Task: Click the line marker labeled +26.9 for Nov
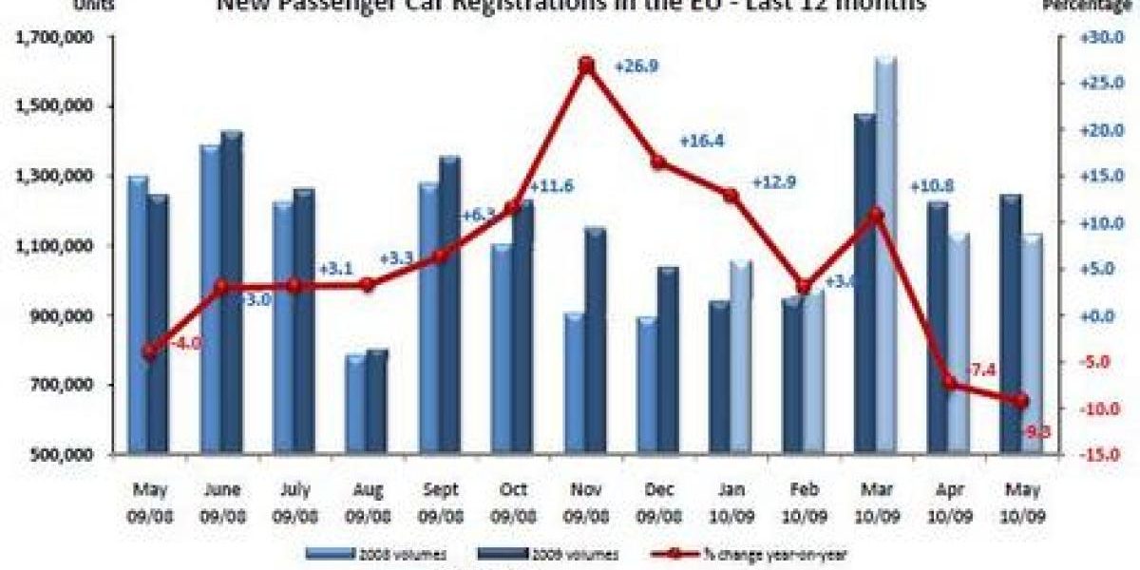click(x=586, y=66)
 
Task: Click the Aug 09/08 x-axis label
click(x=367, y=501)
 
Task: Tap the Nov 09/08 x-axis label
click(x=586, y=501)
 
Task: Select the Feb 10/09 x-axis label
click(x=805, y=501)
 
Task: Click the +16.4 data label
click(x=701, y=142)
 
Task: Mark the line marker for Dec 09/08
click(x=657, y=162)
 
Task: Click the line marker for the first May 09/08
click(x=149, y=351)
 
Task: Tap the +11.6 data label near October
click(x=550, y=186)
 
